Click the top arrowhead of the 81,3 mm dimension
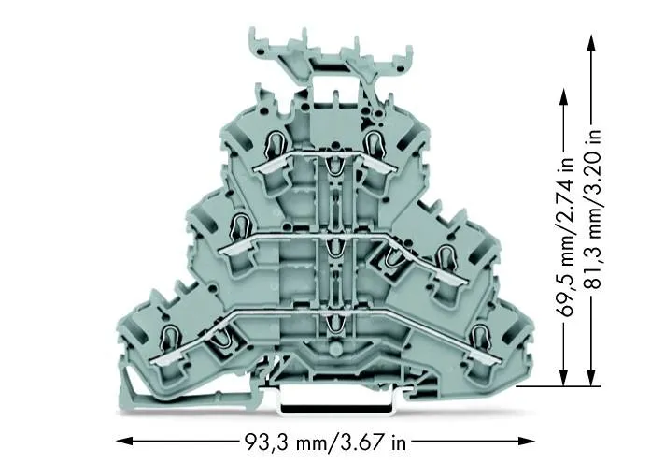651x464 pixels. tap(591, 38)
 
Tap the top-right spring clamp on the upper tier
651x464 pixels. tap(375, 142)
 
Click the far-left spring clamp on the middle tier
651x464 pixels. tap(239, 225)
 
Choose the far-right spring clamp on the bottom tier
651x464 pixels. tap(482, 337)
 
